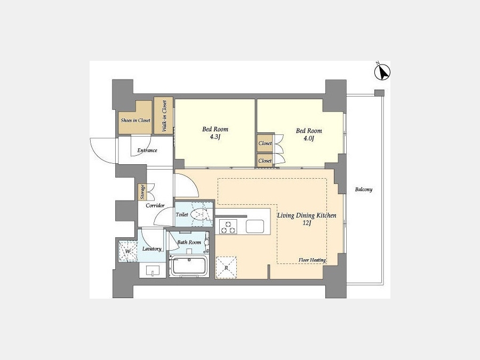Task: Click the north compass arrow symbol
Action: (382, 72)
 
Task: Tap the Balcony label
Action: (364, 189)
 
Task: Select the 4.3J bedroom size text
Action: (215, 137)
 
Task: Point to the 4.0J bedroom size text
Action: (309, 138)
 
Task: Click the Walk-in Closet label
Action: (164, 116)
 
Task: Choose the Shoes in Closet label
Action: (135, 121)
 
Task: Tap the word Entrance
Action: (147, 150)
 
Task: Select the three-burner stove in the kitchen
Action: (228, 227)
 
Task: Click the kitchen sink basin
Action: (255, 227)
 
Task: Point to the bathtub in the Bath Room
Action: (189, 266)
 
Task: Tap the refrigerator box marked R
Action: (226, 268)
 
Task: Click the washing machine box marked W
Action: (128, 251)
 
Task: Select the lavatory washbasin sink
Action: (153, 270)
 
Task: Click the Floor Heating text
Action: (312, 260)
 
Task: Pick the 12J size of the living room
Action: (307, 223)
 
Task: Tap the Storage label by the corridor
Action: (142, 192)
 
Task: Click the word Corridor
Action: (155, 205)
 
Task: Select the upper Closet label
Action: (265, 143)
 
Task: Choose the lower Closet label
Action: (265, 161)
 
